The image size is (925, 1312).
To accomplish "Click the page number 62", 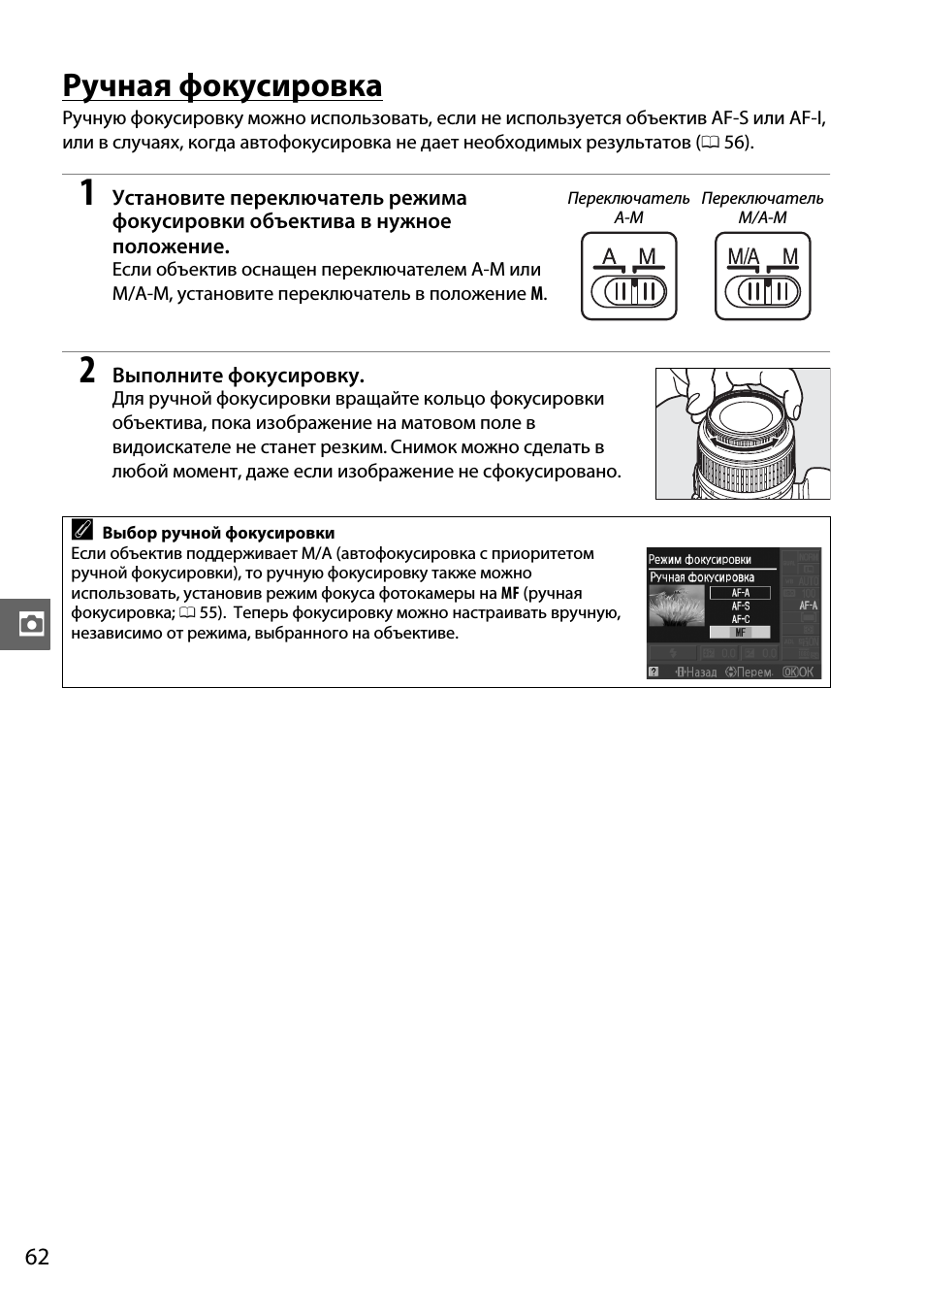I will [37, 1257].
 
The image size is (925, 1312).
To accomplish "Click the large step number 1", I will [87, 193].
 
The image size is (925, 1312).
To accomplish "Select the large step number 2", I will [87, 371].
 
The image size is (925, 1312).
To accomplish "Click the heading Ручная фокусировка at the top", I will [222, 85].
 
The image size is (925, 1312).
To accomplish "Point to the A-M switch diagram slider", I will [628, 290].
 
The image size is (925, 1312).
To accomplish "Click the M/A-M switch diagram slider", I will [763, 290].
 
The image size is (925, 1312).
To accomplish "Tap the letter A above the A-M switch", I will [609, 256].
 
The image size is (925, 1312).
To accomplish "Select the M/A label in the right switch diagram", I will [743, 256].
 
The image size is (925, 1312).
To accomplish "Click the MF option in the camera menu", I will [740, 632].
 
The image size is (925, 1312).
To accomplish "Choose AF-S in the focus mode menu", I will [740, 606].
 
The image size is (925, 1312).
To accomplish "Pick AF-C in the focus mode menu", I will [740, 618].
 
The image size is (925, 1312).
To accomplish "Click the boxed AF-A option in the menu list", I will [740, 592].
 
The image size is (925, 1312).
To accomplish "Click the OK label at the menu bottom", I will [805, 672].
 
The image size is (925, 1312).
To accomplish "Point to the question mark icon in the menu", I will [654, 672].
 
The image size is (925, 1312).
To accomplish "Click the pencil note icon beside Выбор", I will [83, 531].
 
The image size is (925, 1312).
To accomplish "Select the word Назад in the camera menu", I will [700, 672].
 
